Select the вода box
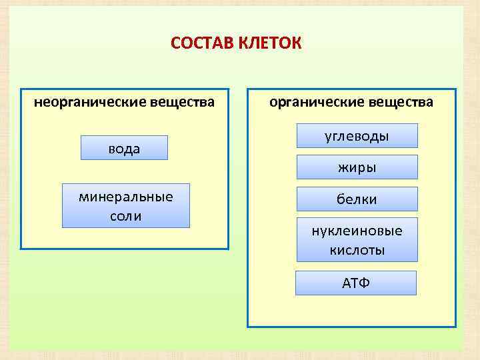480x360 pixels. tap(124, 148)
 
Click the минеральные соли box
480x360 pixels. tap(125, 206)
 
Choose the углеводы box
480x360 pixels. tap(357, 135)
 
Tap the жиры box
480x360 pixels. tap(357, 167)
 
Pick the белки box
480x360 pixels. tap(357, 199)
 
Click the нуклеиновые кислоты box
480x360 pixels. tap(357, 240)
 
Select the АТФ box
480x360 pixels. tap(355, 283)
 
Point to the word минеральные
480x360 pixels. tap(125, 197)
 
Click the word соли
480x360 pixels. tap(125, 217)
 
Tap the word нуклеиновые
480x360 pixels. tap(357, 231)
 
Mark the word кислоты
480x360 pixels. tap(357, 251)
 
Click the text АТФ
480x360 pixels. tap(355, 283)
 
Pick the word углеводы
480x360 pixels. tap(357, 137)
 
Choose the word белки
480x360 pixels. tap(357, 199)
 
